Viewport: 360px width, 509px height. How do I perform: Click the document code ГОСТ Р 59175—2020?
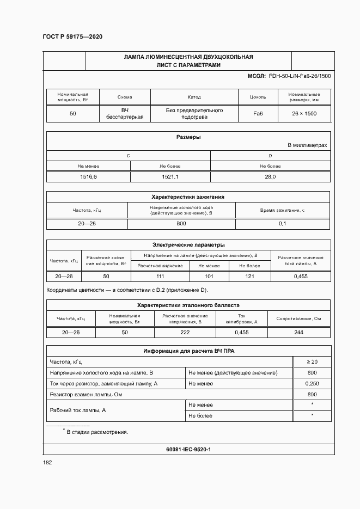click(72, 36)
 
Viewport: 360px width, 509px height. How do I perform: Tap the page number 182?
click(47, 462)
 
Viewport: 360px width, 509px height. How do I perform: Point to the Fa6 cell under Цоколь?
click(258, 114)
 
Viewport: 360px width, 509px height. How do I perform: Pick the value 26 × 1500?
click(304, 114)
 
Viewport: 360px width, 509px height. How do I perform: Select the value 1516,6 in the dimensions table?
click(88, 176)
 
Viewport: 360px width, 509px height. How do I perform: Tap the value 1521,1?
click(170, 176)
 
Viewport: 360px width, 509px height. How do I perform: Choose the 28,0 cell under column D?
click(270, 176)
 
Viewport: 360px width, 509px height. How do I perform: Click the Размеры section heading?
click(188, 137)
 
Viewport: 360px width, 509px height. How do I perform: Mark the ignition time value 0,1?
click(283, 224)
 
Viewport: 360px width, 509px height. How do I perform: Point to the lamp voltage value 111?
click(160, 277)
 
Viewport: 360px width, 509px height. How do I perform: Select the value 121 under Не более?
click(249, 277)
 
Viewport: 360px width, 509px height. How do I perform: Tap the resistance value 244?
click(298, 332)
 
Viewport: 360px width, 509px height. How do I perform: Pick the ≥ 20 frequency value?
click(312, 361)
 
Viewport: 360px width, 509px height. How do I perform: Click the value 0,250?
click(312, 383)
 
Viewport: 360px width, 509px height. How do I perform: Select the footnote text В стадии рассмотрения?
click(97, 432)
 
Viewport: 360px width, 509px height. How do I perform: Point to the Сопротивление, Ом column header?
click(298, 318)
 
